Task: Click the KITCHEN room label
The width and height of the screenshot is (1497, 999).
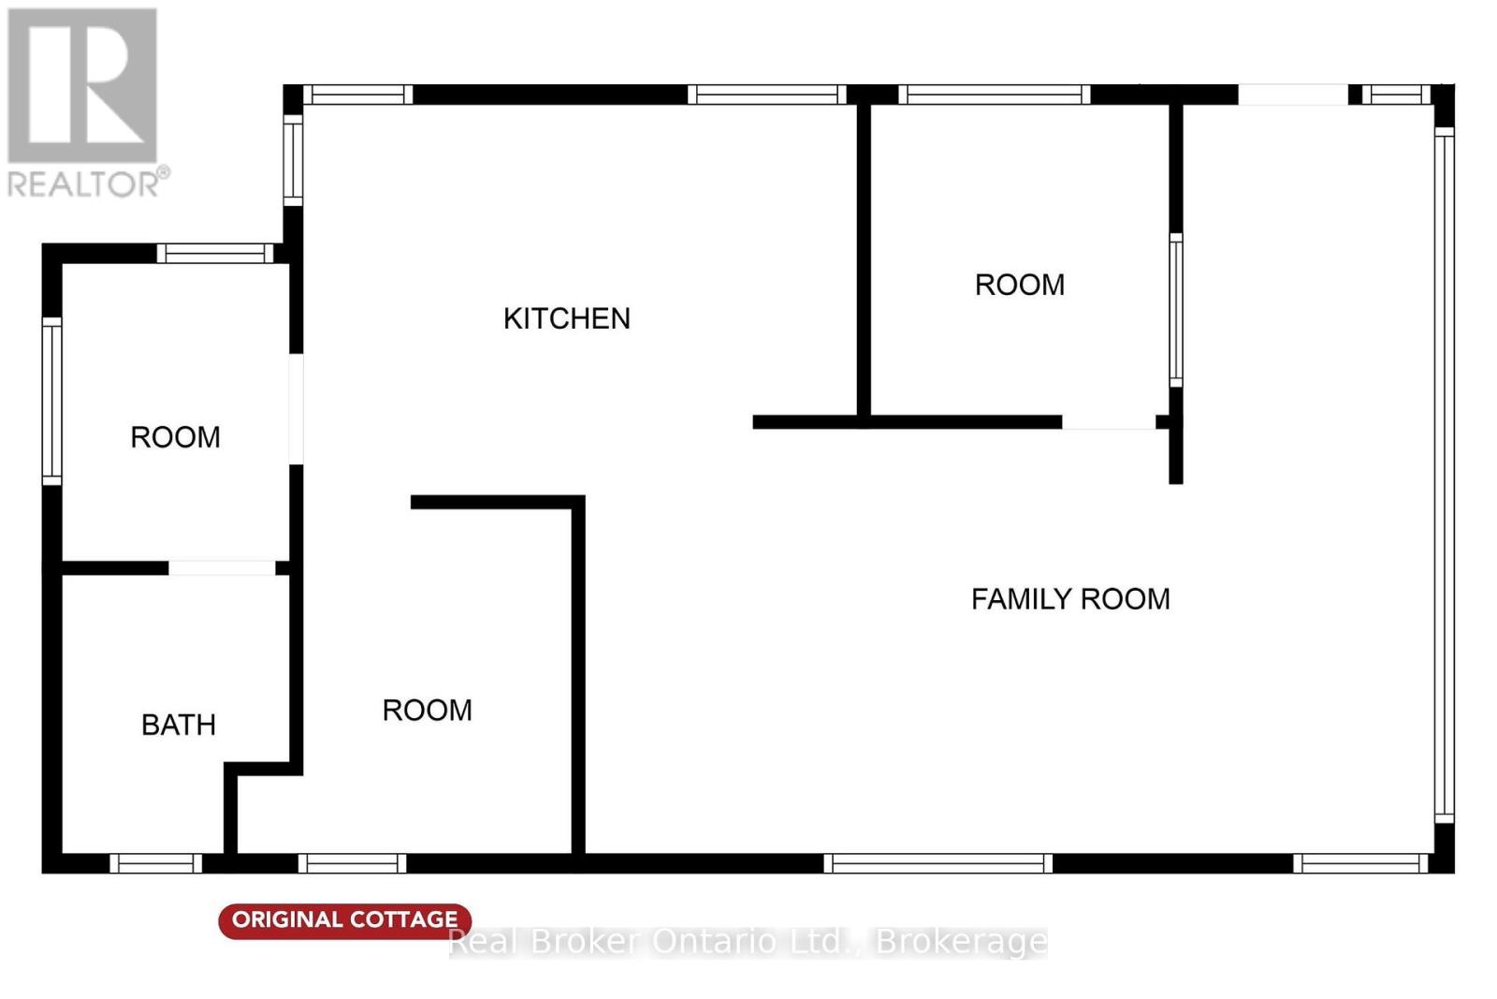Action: click(x=567, y=319)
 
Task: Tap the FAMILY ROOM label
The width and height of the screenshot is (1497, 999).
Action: click(x=1070, y=599)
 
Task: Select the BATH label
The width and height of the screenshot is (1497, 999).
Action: click(x=179, y=725)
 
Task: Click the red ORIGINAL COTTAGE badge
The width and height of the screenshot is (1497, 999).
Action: click(x=345, y=920)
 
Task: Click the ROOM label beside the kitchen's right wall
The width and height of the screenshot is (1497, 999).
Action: click(x=1020, y=286)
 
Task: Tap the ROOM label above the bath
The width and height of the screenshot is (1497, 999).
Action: click(x=175, y=438)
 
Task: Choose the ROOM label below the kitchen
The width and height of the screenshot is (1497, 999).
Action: click(x=427, y=711)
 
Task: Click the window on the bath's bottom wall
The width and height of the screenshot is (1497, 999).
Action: click(x=155, y=863)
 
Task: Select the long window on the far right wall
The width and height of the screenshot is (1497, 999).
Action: click(x=1445, y=476)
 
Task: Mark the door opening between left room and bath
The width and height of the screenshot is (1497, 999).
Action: click(x=222, y=568)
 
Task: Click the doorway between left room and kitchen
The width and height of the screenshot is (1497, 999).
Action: click(x=296, y=409)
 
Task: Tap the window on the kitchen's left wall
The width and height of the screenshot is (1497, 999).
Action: click(x=293, y=160)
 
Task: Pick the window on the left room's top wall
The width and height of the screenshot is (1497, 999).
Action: click(x=215, y=254)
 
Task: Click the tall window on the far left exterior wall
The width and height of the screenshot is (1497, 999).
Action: click(x=52, y=402)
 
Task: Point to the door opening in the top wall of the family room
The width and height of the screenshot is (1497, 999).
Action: click(x=1293, y=95)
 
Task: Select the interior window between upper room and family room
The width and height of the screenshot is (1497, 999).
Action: click(x=1175, y=310)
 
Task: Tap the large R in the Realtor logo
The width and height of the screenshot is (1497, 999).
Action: click(x=82, y=85)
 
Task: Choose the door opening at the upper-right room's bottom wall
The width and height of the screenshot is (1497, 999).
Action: click(x=1110, y=422)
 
